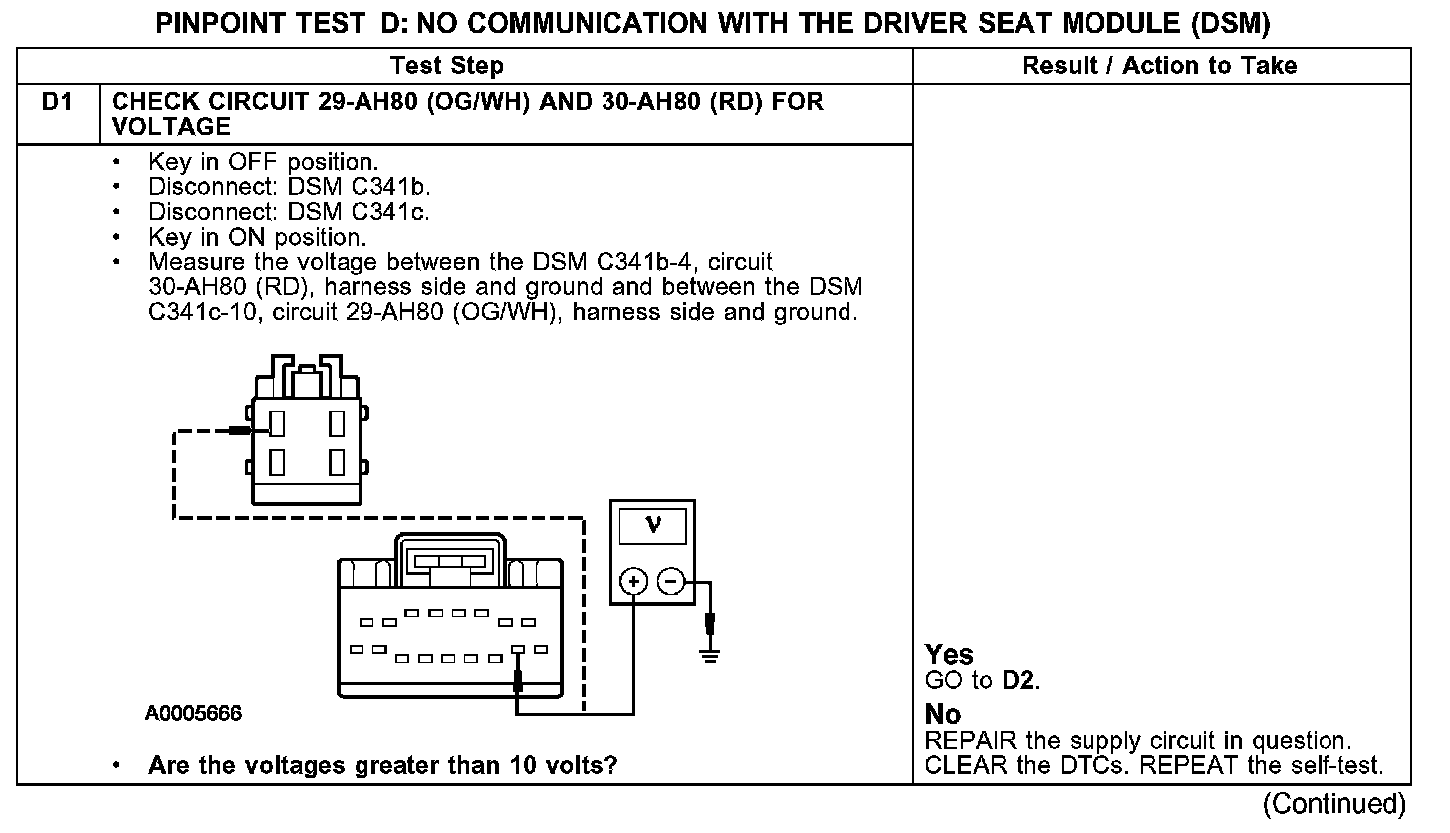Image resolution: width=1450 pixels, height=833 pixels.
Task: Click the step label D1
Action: [x=56, y=102]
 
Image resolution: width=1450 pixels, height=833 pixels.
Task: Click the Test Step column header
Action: [x=447, y=67]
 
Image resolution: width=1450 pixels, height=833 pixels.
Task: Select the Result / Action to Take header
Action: [x=1159, y=67]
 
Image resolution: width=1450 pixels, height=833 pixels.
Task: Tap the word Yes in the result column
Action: [x=949, y=655]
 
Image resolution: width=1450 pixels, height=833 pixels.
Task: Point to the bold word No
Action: [x=943, y=715]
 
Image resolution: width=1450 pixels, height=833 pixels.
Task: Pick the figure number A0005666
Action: [x=193, y=714]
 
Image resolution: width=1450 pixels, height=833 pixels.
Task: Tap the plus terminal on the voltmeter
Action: [x=634, y=581]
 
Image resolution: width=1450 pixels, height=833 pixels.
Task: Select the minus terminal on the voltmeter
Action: [x=672, y=581]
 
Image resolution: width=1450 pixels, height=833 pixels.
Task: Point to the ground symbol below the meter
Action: [x=709, y=653]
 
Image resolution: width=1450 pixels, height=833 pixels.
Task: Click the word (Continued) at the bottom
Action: [x=1334, y=804]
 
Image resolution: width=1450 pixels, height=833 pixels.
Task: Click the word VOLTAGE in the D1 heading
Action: [x=171, y=127]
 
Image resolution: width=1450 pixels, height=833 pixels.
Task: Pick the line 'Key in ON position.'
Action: [x=257, y=237]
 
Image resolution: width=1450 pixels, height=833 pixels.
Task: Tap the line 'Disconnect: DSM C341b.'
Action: [x=289, y=187]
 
